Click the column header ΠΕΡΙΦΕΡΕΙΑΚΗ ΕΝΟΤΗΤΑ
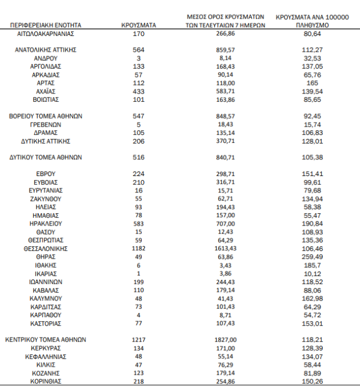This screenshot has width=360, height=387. (46, 26)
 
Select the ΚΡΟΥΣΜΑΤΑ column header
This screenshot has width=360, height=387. (138, 26)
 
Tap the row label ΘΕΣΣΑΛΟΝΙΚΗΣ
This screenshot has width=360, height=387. (46, 249)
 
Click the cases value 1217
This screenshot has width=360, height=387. (138, 339)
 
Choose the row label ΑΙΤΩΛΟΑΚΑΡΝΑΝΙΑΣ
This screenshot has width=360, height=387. (46, 34)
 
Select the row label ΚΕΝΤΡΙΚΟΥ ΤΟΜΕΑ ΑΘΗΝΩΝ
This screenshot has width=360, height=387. (46, 339)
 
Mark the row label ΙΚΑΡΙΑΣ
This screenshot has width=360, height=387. (46, 274)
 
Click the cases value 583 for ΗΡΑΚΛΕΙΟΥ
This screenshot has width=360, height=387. (138, 224)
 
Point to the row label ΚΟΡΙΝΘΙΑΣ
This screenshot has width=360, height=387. (46, 381)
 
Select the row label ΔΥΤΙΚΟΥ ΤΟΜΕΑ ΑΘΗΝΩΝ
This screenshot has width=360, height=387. (46, 157)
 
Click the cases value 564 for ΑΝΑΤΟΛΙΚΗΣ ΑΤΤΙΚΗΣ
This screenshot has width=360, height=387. (138, 51)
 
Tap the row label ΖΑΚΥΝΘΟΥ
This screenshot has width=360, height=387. (46, 199)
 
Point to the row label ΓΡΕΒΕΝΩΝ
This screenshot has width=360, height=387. (46, 124)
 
